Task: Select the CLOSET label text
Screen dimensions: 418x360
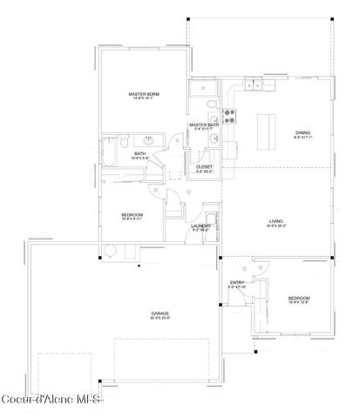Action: pyautogui.click(x=204, y=165)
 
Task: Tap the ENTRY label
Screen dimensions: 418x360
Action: pyautogui.click(x=236, y=282)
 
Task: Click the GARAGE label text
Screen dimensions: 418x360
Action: pyautogui.click(x=160, y=313)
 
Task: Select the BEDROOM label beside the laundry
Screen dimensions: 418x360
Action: pyautogui.click(x=132, y=214)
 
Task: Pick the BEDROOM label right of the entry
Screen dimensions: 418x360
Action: pyautogui.click(x=299, y=298)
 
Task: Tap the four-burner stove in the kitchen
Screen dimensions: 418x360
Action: pyautogui.click(x=229, y=116)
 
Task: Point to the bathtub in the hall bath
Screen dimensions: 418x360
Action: pyautogui.click(x=110, y=145)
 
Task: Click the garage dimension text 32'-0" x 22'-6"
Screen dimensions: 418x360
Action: pyautogui.click(x=160, y=318)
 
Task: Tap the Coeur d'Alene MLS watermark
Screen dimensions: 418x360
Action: pyautogui.click(x=51, y=401)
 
